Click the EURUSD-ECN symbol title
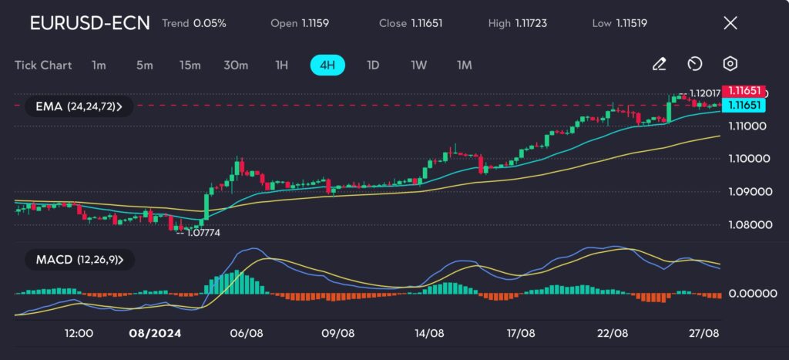point(89,23)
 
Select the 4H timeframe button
point(327,65)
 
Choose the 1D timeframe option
point(373,65)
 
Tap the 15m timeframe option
point(190,65)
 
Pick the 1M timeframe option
point(464,65)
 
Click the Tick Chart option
point(43,65)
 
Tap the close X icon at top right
point(730,23)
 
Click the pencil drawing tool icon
point(659,64)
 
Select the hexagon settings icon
point(730,64)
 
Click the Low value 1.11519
point(630,23)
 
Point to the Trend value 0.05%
point(210,23)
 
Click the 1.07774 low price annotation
point(203,232)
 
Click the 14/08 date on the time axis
point(428,333)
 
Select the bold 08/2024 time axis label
point(151,333)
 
